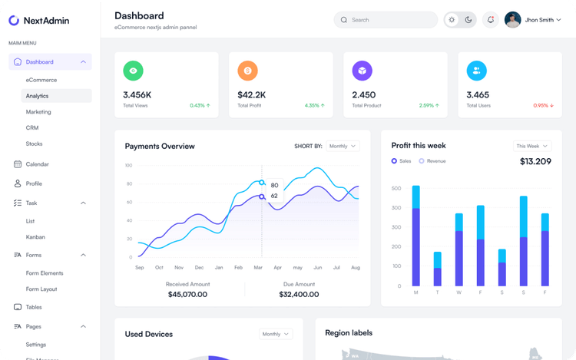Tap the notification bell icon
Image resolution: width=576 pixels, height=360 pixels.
tap(491, 20)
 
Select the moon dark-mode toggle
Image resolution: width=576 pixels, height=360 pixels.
tap(468, 20)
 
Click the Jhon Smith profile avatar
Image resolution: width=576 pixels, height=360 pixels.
tap(513, 20)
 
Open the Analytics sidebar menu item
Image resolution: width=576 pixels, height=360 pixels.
tap(37, 96)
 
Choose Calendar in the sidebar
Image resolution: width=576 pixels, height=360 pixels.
tap(37, 164)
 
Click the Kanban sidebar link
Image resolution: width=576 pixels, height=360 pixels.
tap(35, 237)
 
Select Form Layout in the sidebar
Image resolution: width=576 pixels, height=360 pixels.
tap(41, 289)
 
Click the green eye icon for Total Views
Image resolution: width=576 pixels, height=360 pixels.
tap(134, 71)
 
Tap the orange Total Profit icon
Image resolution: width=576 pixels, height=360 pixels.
tap(248, 71)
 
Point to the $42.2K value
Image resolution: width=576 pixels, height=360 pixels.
tap(251, 95)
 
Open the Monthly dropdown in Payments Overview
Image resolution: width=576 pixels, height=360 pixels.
tap(343, 146)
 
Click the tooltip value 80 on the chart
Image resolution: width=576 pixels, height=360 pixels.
tap(274, 185)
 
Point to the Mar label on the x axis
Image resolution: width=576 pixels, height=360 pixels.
tap(258, 268)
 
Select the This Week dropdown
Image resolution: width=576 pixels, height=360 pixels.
tap(532, 146)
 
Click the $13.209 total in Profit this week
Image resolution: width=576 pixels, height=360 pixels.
tap(535, 161)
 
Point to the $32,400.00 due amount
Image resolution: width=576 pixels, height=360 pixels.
tap(299, 294)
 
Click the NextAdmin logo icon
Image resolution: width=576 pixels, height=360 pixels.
tap(14, 21)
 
